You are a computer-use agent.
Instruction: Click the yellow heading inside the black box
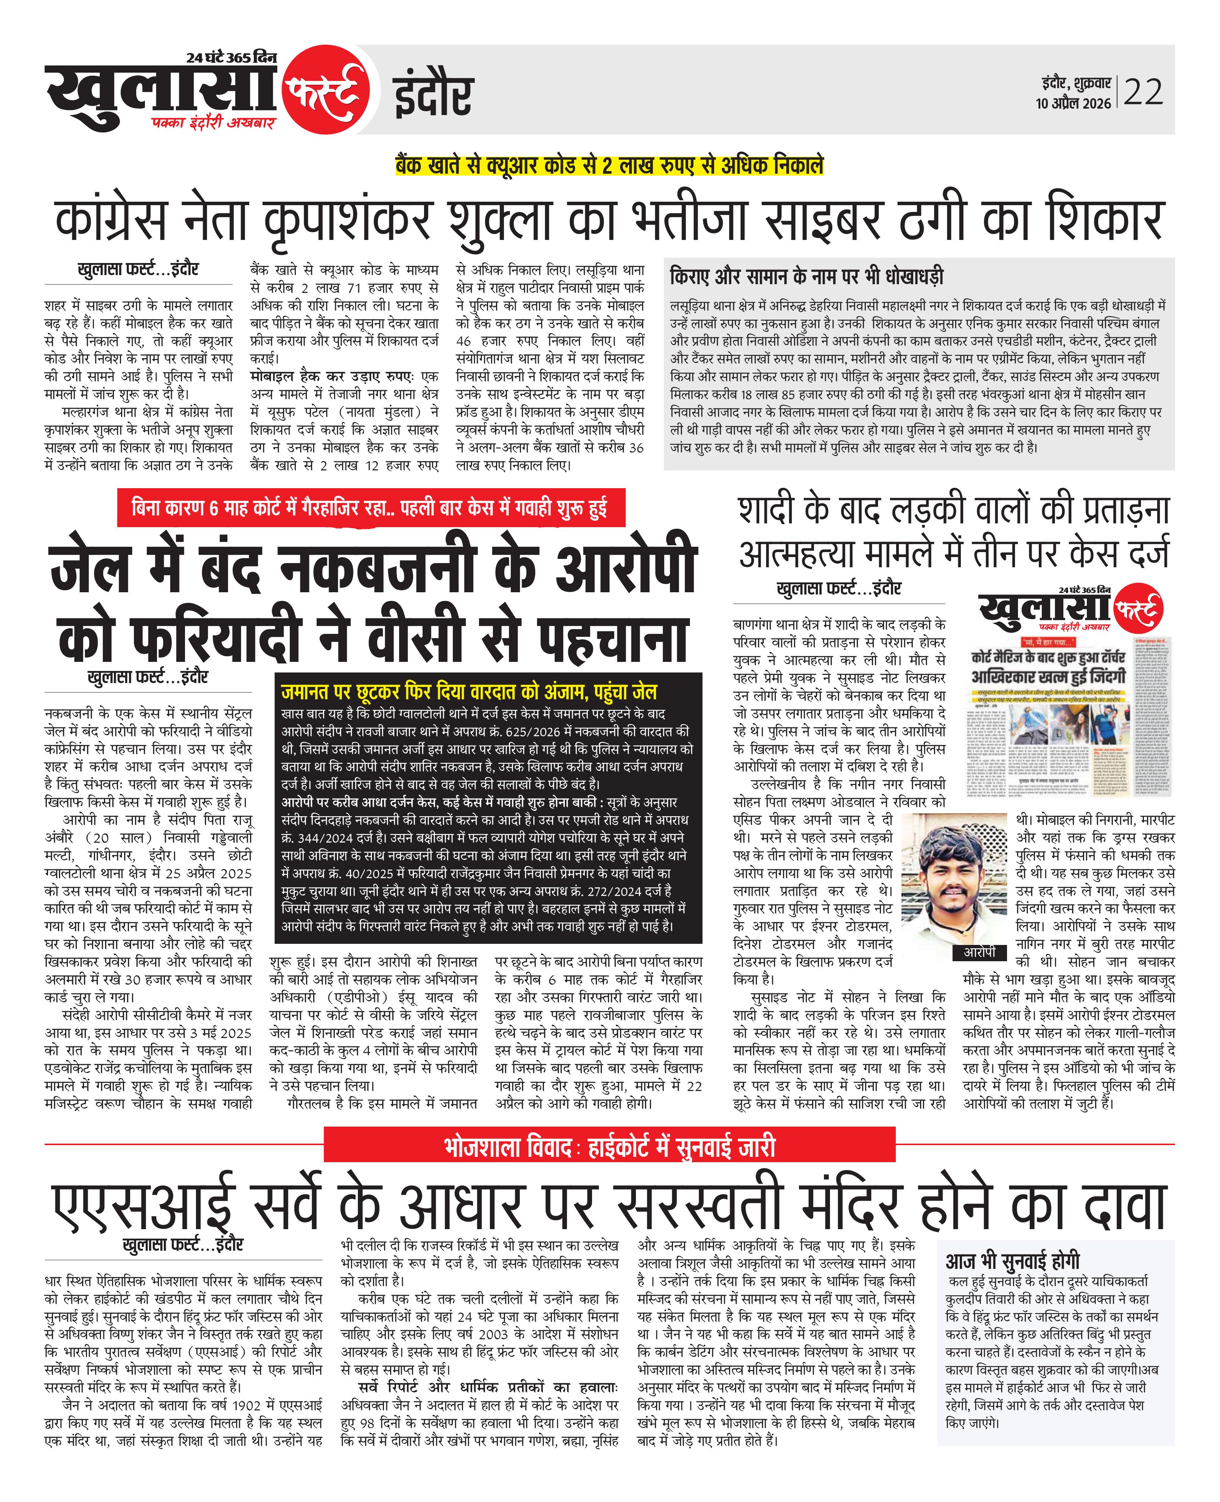(x=469, y=692)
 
